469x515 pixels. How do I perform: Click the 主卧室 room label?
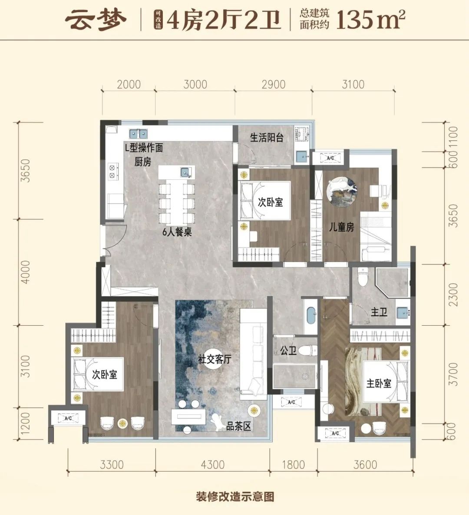pos(379,383)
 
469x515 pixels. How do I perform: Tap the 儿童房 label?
pos(342,227)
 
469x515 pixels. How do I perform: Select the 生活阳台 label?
pos(267,137)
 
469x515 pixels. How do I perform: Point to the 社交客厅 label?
pos(215,359)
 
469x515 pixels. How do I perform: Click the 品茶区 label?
pos(238,426)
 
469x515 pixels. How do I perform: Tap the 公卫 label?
pos(288,351)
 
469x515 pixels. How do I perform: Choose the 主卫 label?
pos(379,312)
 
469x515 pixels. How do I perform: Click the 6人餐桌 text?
pos(177,232)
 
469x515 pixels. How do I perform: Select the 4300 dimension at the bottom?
pos(212,465)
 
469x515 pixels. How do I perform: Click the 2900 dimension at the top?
pos(274,84)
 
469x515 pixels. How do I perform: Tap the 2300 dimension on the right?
pos(453,294)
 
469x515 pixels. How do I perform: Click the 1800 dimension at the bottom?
pos(293,465)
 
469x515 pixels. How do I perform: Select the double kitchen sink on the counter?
pos(138,134)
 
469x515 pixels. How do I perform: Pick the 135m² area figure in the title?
pos(371,20)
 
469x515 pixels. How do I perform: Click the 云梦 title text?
pos(96,20)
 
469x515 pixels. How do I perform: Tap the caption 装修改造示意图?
pos(235,496)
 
